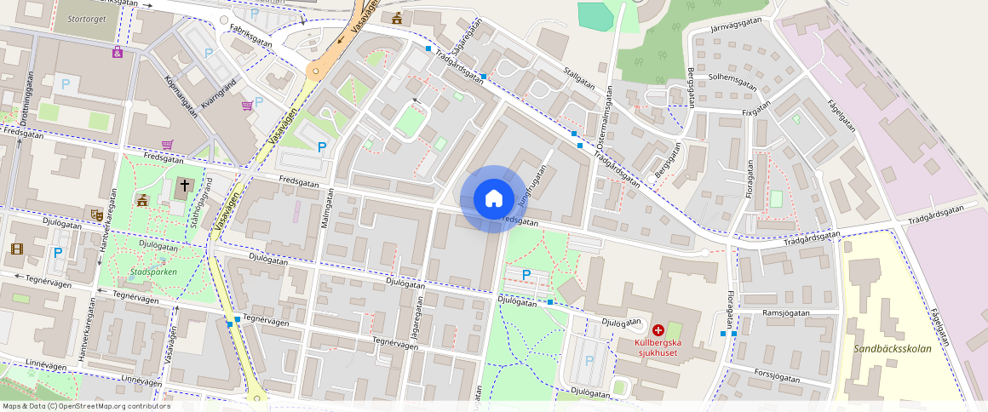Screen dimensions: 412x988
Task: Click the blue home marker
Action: (493, 198)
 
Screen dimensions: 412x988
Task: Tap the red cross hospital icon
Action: (658, 329)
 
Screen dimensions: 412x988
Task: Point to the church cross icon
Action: (185, 185)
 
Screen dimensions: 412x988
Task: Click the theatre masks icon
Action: (96, 215)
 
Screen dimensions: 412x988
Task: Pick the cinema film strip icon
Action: (18, 249)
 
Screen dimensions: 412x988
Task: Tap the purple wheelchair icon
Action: (117, 53)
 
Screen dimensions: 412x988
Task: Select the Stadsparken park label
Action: (152, 272)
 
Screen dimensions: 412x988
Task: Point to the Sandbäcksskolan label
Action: (893, 348)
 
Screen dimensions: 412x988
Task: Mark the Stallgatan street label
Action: (579, 76)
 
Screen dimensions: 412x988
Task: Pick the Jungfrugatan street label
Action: (530, 181)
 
